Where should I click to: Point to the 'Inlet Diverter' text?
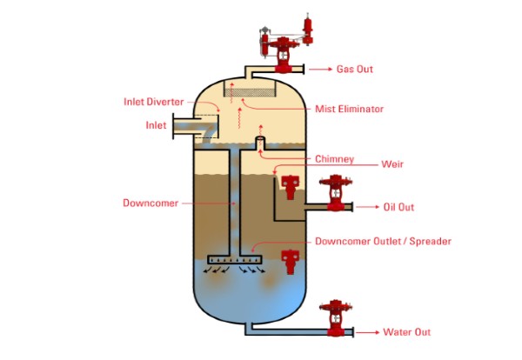pos(152,101)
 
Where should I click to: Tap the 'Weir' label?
pos(392,163)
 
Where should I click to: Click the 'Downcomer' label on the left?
pos(150,203)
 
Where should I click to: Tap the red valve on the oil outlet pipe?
pos(335,195)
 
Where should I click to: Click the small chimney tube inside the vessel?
pos(259,141)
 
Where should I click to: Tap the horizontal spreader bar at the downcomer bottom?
pos(234,258)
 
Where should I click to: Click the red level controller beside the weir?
pos(289,183)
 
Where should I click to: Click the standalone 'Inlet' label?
pos(156,125)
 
